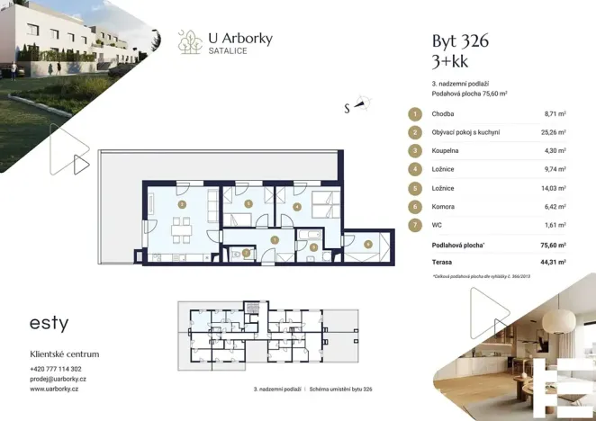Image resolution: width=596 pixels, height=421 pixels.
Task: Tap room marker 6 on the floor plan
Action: [368, 243]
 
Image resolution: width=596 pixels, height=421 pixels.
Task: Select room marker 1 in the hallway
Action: [275, 239]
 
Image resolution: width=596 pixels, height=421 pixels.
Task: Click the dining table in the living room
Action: [181, 228]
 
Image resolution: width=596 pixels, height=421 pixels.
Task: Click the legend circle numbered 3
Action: [415, 150]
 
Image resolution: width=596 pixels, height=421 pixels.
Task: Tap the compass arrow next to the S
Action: [362, 104]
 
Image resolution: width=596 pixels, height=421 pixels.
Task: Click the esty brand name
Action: [50, 323]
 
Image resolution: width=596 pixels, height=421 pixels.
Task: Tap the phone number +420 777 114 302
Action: [56, 369]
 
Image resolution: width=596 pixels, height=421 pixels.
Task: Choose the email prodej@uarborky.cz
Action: [58, 379]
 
